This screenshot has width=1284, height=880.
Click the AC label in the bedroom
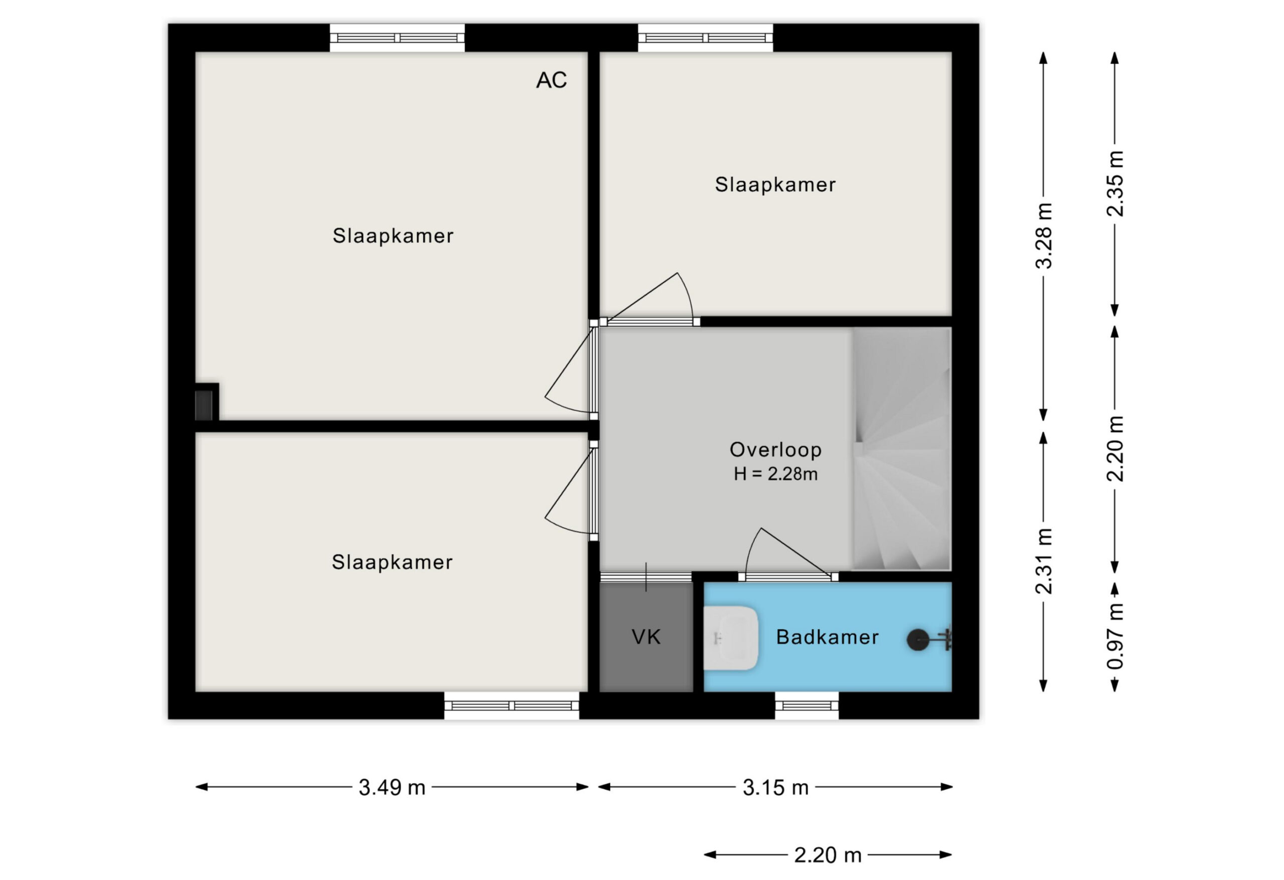tap(551, 80)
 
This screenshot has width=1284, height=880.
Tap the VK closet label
tap(646, 637)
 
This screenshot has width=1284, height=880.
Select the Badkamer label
tap(827, 637)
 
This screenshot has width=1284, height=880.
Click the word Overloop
tap(775, 450)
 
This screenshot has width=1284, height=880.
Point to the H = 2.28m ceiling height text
tap(775, 474)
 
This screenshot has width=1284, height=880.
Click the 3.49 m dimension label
tap(392, 787)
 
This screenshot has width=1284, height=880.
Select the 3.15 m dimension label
tap(775, 787)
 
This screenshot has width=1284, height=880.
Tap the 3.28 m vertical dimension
tap(1044, 236)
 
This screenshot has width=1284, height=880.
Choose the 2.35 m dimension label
tap(1115, 184)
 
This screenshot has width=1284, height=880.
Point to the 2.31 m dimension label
tap(1044, 561)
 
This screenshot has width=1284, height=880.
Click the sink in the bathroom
tap(730, 638)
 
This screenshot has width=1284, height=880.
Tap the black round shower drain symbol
tap(918, 640)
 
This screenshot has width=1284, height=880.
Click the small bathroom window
tap(807, 706)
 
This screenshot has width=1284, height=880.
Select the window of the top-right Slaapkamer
tap(705, 38)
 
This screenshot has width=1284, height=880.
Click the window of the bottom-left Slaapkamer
tap(512, 706)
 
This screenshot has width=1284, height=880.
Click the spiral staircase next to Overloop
tap(902, 449)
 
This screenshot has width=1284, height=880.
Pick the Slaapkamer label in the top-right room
tap(775, 185)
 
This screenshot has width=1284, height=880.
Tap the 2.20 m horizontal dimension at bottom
tap(828, 854)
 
